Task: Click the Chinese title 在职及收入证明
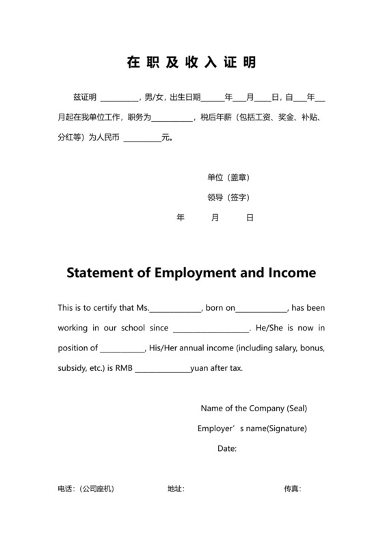click(191, 62)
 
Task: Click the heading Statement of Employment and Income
click(191, 272)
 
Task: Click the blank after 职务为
click(172, 118)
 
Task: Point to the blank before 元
click(142, 138)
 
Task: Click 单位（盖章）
click(228, 177)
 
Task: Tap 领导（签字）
click(228, 197)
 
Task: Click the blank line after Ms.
click(176, 309)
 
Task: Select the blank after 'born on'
click(262, 309)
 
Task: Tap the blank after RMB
click(162, 369)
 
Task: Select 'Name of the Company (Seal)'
click(253, 409)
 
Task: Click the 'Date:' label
click(227, 448)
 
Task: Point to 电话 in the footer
click(66, 489)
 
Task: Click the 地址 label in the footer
click(175, 489)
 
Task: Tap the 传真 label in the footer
click(292, 489)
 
